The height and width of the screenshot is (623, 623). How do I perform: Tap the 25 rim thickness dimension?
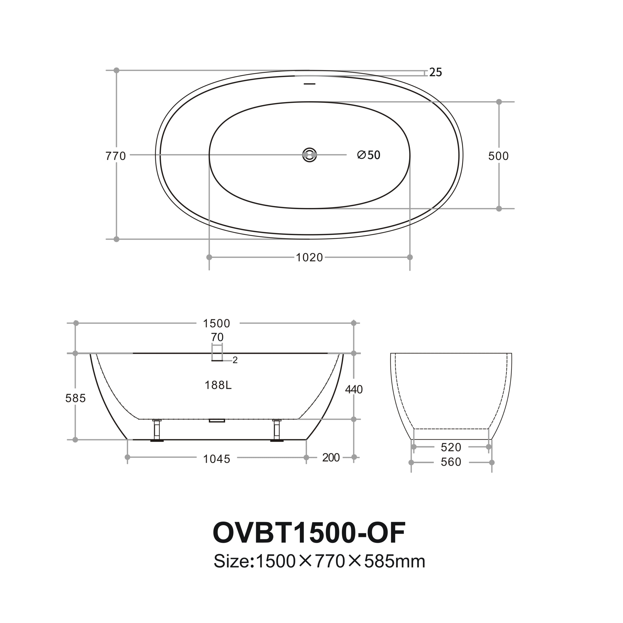[x=435, y=73]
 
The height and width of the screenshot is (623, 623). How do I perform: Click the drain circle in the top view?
[x=310, y=155]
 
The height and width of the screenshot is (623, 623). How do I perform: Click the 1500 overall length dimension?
[x=216, y=323]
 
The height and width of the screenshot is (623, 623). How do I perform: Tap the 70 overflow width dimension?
[x=217, y=337]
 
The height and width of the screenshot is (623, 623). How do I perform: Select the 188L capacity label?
[x=218, y=385]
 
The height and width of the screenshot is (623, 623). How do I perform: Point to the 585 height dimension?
[x=75, y=398]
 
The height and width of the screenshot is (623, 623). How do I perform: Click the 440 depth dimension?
[x=354, y=390]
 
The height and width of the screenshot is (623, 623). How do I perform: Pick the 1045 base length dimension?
[x=216, y=459]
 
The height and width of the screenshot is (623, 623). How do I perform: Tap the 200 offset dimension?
[x=331, y=458]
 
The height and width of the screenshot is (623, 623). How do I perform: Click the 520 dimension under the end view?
[x=451, y=447]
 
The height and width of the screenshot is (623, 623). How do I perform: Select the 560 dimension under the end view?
[x=451, y=462]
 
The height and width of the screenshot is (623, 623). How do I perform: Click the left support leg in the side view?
[x=157, y=430]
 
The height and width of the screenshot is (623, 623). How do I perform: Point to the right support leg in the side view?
[x=277, y=430]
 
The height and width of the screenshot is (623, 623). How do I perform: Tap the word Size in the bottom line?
[x=231, y=561]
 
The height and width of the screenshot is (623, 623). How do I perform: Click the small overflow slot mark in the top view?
[x=310, y=84]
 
